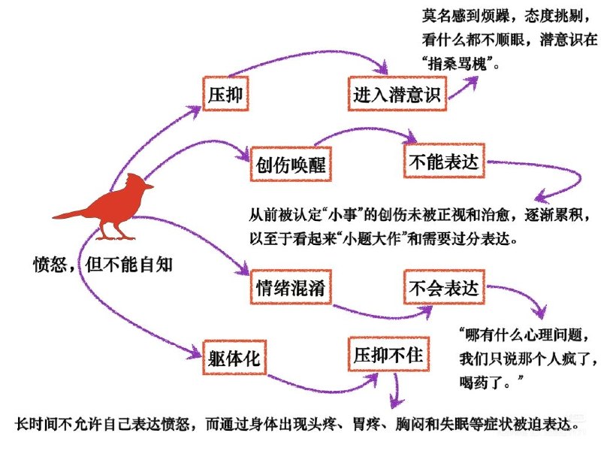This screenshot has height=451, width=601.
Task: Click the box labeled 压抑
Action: pyautogui.click(x=225, y=94)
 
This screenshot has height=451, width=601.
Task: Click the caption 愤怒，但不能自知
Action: pyautogui.click(x=97, y=265)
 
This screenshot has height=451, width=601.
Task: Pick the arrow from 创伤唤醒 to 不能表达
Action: pyautogui.click(x=361, y=130)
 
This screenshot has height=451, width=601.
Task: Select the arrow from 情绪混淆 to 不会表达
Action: pyautogui.click(x=368, y=310)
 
